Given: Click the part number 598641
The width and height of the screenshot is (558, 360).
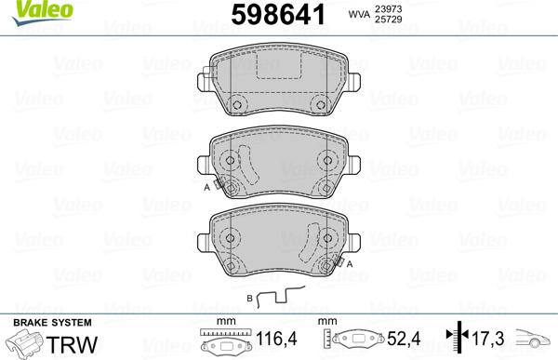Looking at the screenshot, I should tap(277, 15).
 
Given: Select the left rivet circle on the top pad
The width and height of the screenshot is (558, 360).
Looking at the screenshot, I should tap(236, 105).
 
